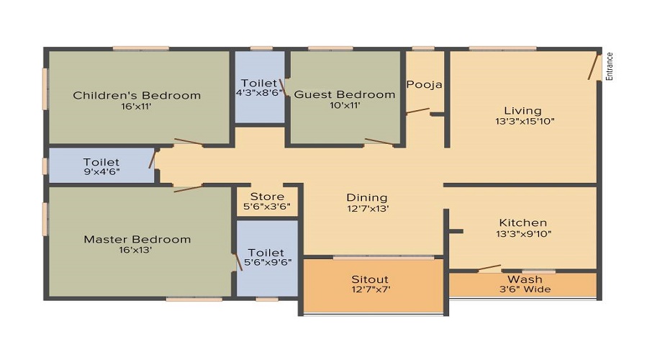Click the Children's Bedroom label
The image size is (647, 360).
tap(137, 95)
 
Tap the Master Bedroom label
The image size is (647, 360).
tap(137, 239)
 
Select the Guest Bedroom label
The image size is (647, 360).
tap(345, 94)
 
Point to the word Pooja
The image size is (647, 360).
tap(424, 84)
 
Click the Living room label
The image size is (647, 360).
tap(522, 110)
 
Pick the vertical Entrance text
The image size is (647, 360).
tap(609, 66)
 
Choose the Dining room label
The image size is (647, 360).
tap(367, 197)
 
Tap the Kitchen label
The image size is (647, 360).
tap(523, 222)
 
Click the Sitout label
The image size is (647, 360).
tap(370, 279)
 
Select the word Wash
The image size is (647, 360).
tap(525, 279)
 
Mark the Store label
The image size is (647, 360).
tap(267, 197)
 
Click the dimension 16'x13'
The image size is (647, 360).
tap(136, 251)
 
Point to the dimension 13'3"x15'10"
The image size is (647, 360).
tap(523, 121)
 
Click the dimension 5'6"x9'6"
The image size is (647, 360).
tap(266, 264)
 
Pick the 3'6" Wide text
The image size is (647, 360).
tap(525, 289)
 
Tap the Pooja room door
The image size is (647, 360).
tap(418, 112)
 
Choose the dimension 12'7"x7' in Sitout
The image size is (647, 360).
tap(370, 290)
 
